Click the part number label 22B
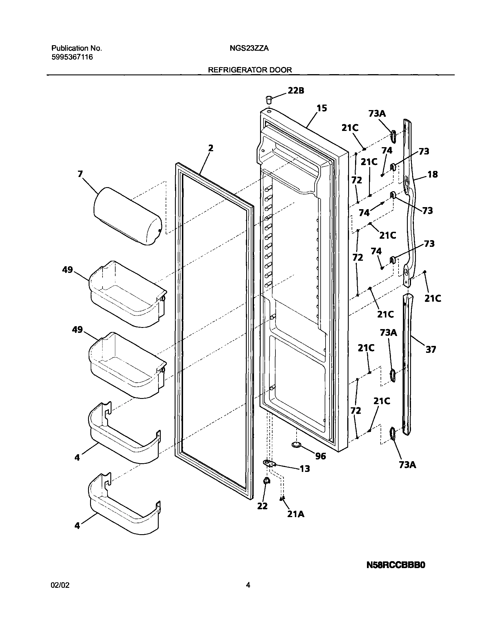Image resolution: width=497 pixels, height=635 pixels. click(x=296, y=91)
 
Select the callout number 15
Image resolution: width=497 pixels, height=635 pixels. click(x=321, y=108)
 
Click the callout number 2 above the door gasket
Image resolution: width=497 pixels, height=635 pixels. click(x=211, y=148)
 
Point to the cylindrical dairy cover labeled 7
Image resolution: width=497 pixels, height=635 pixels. click(x=127, y=216)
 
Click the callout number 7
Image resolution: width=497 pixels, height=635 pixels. click(x=80, y=174)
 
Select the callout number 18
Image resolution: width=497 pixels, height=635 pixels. click(x=432, y=175)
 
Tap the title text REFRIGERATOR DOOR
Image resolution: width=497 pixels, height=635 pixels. click(x=250, y=70)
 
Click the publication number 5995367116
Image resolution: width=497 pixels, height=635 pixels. click(x=72, y=57)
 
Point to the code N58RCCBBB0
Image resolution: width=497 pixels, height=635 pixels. click(x=396, y=565)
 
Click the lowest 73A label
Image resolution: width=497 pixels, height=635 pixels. click(x=408, y=465)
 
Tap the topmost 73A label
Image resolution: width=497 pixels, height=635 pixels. click(x=377, y=114)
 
